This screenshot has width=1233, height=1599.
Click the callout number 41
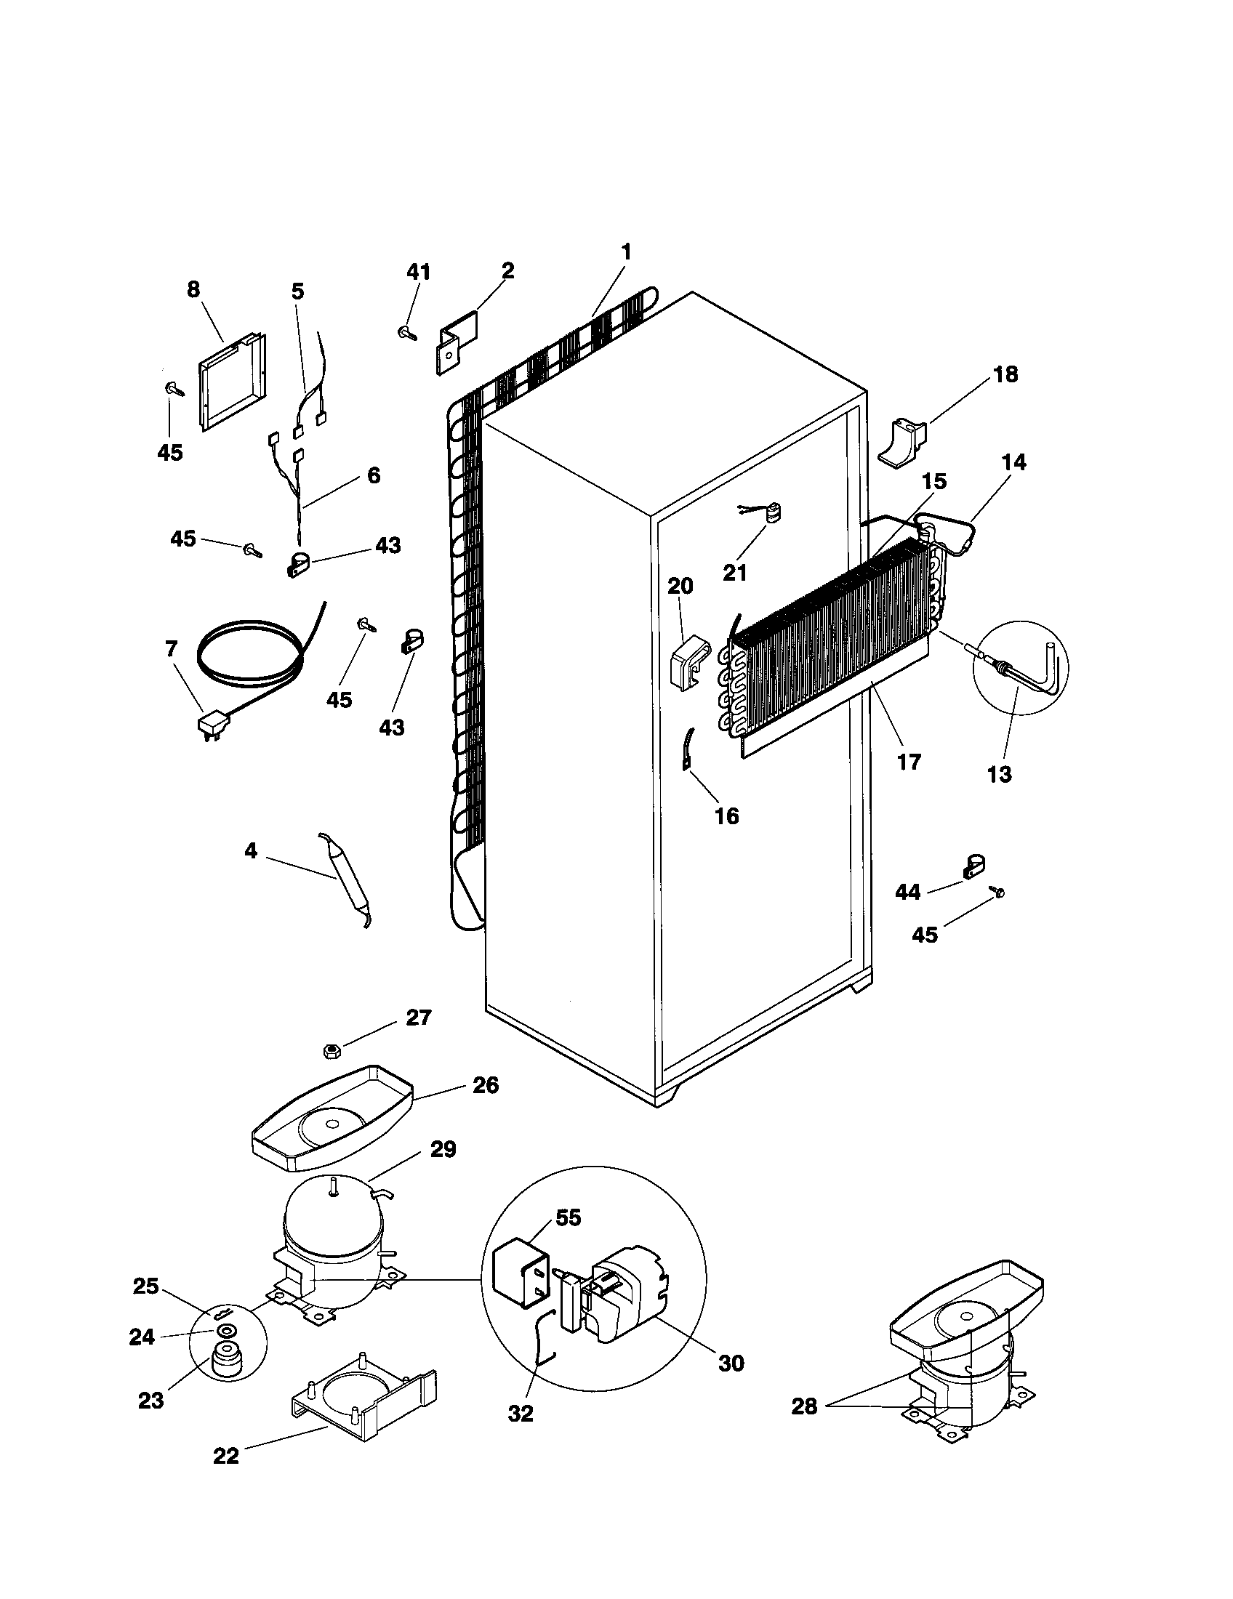(418, 272)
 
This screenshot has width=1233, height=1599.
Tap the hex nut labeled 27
(330, 1052)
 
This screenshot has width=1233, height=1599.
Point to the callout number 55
(569, 1218)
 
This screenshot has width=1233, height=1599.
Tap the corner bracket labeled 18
(901, 442)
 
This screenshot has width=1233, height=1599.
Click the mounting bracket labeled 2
(456, 342)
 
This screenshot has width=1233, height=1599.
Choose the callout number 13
(999, 774)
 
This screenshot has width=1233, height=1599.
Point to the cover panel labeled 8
(230, 384)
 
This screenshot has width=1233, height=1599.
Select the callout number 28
(804, 1407)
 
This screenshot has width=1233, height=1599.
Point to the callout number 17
(908, 762)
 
